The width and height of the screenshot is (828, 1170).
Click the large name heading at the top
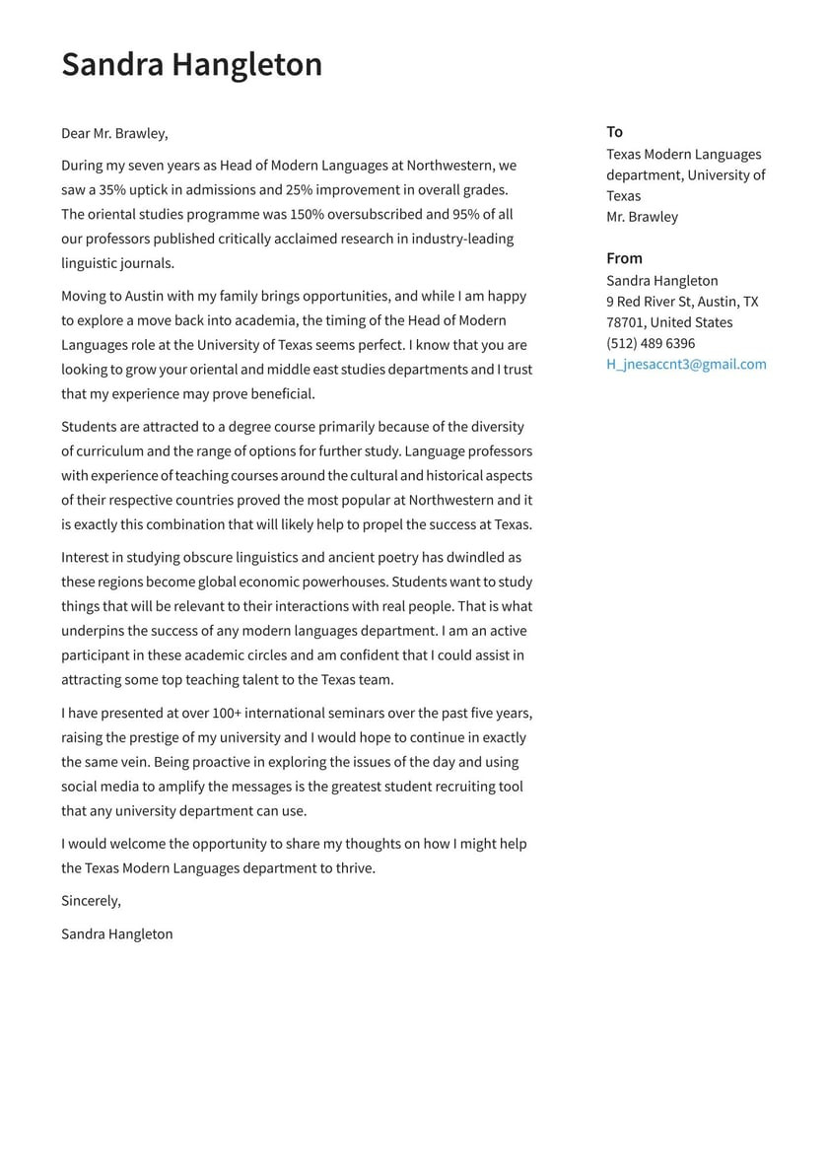click(191, 64)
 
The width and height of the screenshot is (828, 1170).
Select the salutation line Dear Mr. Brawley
click(114, 133)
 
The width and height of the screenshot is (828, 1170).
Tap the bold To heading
click(614, 132)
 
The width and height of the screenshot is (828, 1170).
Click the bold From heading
click(624, 258)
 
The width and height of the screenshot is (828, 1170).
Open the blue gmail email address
click(686, 364)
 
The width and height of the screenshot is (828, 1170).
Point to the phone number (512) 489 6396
click(651, 343)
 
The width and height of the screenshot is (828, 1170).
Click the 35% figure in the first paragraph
click(112, 189)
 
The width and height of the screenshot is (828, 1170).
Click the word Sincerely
click(91, 901)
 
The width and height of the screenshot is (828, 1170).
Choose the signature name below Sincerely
click(116, 933)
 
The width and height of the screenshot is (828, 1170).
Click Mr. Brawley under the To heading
click(642, 217)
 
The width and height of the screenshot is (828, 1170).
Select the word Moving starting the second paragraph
click(86, 296)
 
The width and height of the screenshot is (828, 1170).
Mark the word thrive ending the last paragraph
click(354, 868)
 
